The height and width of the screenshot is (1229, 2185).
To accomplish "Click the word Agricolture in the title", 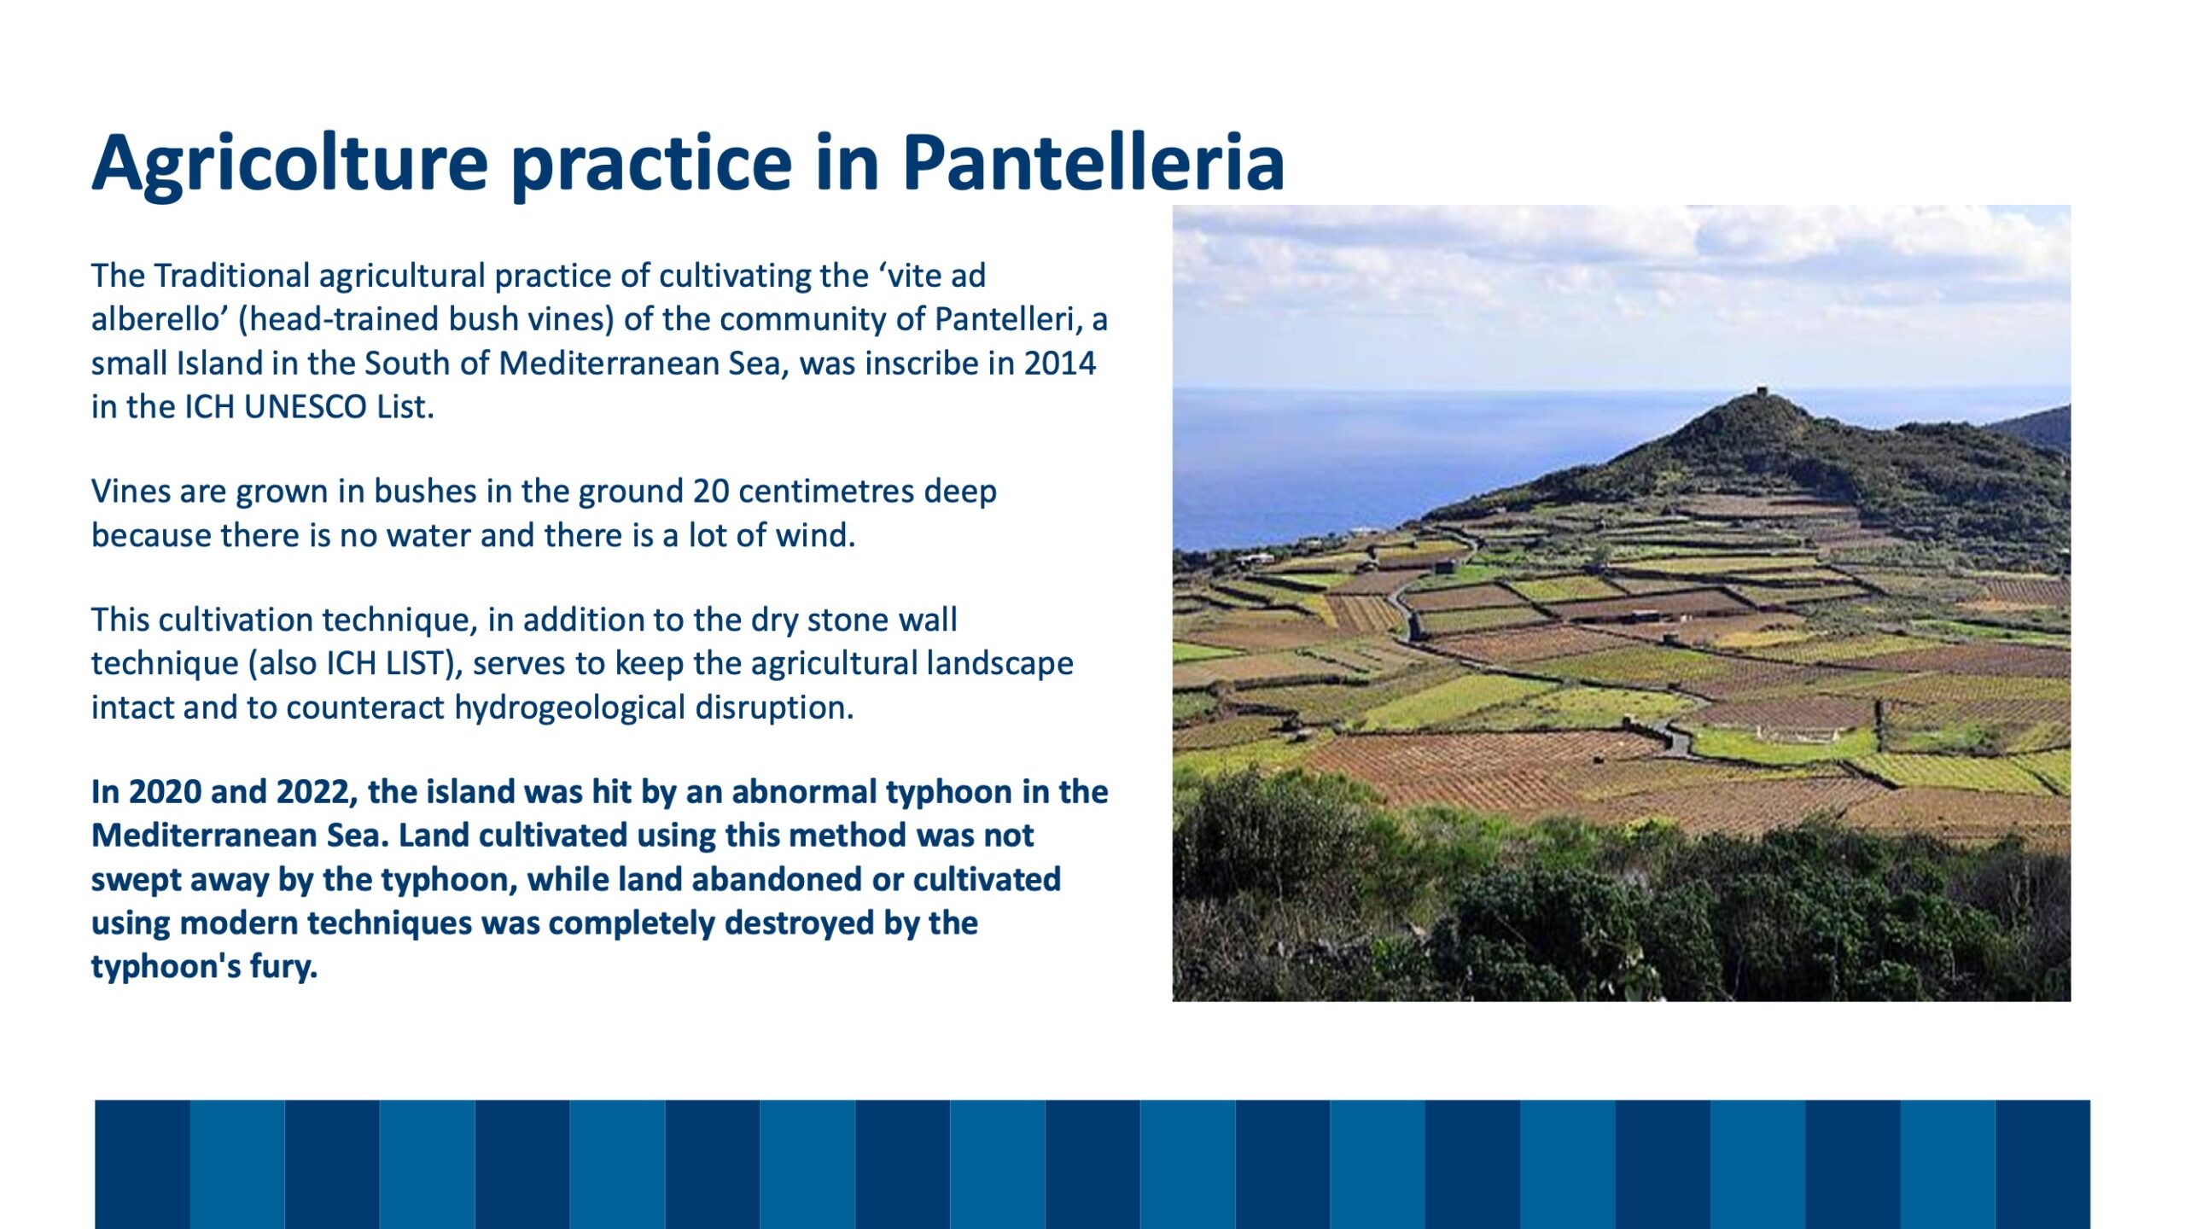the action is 290,165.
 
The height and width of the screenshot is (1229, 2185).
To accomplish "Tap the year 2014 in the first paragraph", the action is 1060,364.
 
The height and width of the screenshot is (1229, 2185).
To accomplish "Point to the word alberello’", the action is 160,319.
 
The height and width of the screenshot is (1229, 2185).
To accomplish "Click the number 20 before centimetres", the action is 711,492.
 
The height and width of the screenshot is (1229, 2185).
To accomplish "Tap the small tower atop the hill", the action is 1762,392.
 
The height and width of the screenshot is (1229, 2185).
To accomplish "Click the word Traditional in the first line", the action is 232,277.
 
